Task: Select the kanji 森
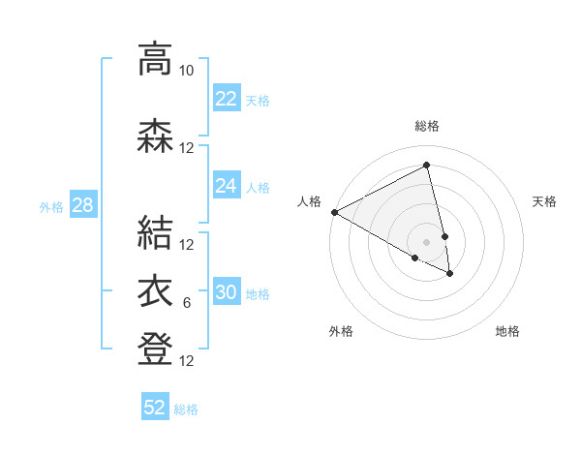(x=155, y=136)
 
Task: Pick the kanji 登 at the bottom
(x=155, y=349)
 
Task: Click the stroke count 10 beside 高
(x=187, y=71)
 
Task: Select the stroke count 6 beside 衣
(x=187, y=304)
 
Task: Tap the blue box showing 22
(x=226, y=99)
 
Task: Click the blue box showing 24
(x=226, y=186)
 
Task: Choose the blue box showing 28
(x=82, y=205)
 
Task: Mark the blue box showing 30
(x=226, y=292)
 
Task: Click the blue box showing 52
(x=155, y=408)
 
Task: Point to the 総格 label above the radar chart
(x=427, y=126)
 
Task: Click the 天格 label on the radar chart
(x=544, y=201)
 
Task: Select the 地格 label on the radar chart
(x=507, y=332)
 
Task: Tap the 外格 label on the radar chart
(x=341, y=332)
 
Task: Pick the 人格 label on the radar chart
(x=309, y=201)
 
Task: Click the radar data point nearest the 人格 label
(x=334, y=212)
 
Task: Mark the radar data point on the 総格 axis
(x=427, y=166)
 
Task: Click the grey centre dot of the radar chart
(x=427, y=241)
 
